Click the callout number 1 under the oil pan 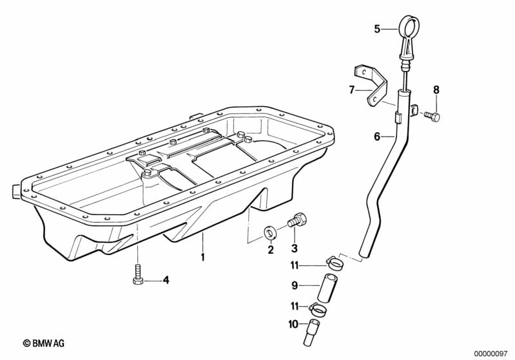[x=202, y=258]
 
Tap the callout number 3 [x=294, y=249]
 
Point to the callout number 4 [x=166, y=280]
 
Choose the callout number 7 [x=352, y=90]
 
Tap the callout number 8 [x=436, y=90]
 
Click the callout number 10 [x=293, y=325]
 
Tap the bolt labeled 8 [x=432, y=116]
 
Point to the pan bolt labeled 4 [x=138, y=274]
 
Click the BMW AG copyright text [x=44, y=344]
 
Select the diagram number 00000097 [x=491, y=353]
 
